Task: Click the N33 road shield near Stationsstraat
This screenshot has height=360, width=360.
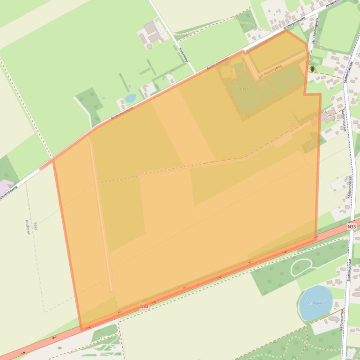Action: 352,226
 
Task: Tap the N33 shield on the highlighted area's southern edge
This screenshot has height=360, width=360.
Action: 144,306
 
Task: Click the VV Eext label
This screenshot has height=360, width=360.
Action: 244,88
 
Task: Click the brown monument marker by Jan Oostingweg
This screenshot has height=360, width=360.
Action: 312,69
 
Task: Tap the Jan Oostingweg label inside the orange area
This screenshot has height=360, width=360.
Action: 271,70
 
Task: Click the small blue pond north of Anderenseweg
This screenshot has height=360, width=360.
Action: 131,98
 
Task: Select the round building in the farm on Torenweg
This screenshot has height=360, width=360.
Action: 149,46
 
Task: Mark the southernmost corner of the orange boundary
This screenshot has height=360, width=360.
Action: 81,330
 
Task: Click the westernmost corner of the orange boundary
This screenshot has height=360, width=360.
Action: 53,160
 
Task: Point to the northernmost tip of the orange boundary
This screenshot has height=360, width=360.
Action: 286,31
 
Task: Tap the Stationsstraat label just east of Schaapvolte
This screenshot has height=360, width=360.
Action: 349,268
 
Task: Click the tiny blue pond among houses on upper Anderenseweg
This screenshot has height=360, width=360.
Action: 258,36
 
